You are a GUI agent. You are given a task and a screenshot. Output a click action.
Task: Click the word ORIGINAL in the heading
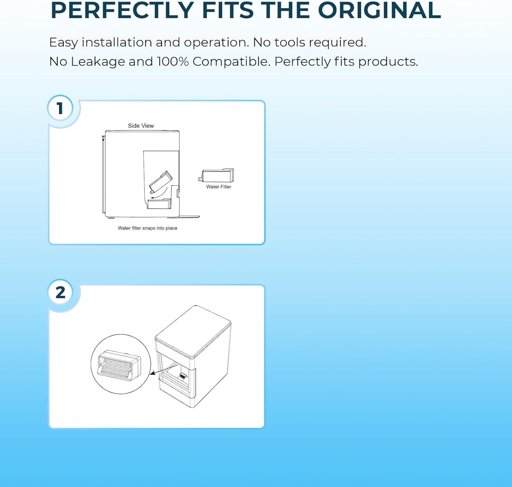(x=380, y=10)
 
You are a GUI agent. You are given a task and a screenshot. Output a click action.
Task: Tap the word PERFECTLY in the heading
(x=122, y=10)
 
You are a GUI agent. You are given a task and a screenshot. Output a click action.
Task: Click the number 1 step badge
(x=60, y=108)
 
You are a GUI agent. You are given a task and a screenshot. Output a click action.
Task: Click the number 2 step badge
(x=60, y=292)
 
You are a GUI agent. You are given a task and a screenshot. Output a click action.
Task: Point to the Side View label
(x=141, y=126)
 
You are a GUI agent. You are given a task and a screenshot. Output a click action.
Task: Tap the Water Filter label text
(x=219, y=187)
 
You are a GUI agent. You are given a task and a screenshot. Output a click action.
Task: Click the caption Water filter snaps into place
(x=147, y=228)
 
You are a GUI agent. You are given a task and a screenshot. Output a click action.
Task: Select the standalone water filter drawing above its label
(x=216, y=175)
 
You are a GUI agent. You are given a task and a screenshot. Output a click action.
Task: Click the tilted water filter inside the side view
(x=160, y=182)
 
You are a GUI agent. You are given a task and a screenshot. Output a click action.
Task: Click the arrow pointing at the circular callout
(x=165, y=369)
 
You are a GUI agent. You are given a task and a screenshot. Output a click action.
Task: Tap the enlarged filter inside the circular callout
(x=119, y=363)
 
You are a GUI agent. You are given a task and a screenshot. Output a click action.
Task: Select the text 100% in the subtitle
(x=173, y=62)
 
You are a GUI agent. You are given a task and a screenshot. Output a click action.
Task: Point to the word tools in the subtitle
(x=289, y=42)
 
